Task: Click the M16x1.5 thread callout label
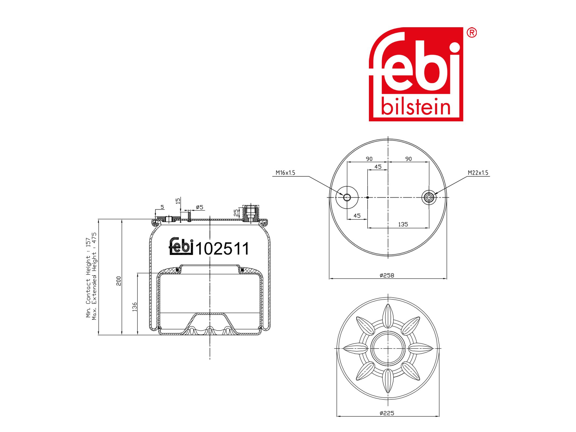click(x=285, y=173)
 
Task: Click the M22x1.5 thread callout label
click(x=478, y=173)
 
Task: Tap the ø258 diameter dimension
click(x=387, y=275)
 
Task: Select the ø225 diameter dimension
click(x=387, y=413)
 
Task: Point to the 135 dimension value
click(x=403, y=224)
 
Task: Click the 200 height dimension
click(x=119, y=281)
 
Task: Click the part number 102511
click(x=222, y=248)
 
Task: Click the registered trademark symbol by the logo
click(x=472, y=33)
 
